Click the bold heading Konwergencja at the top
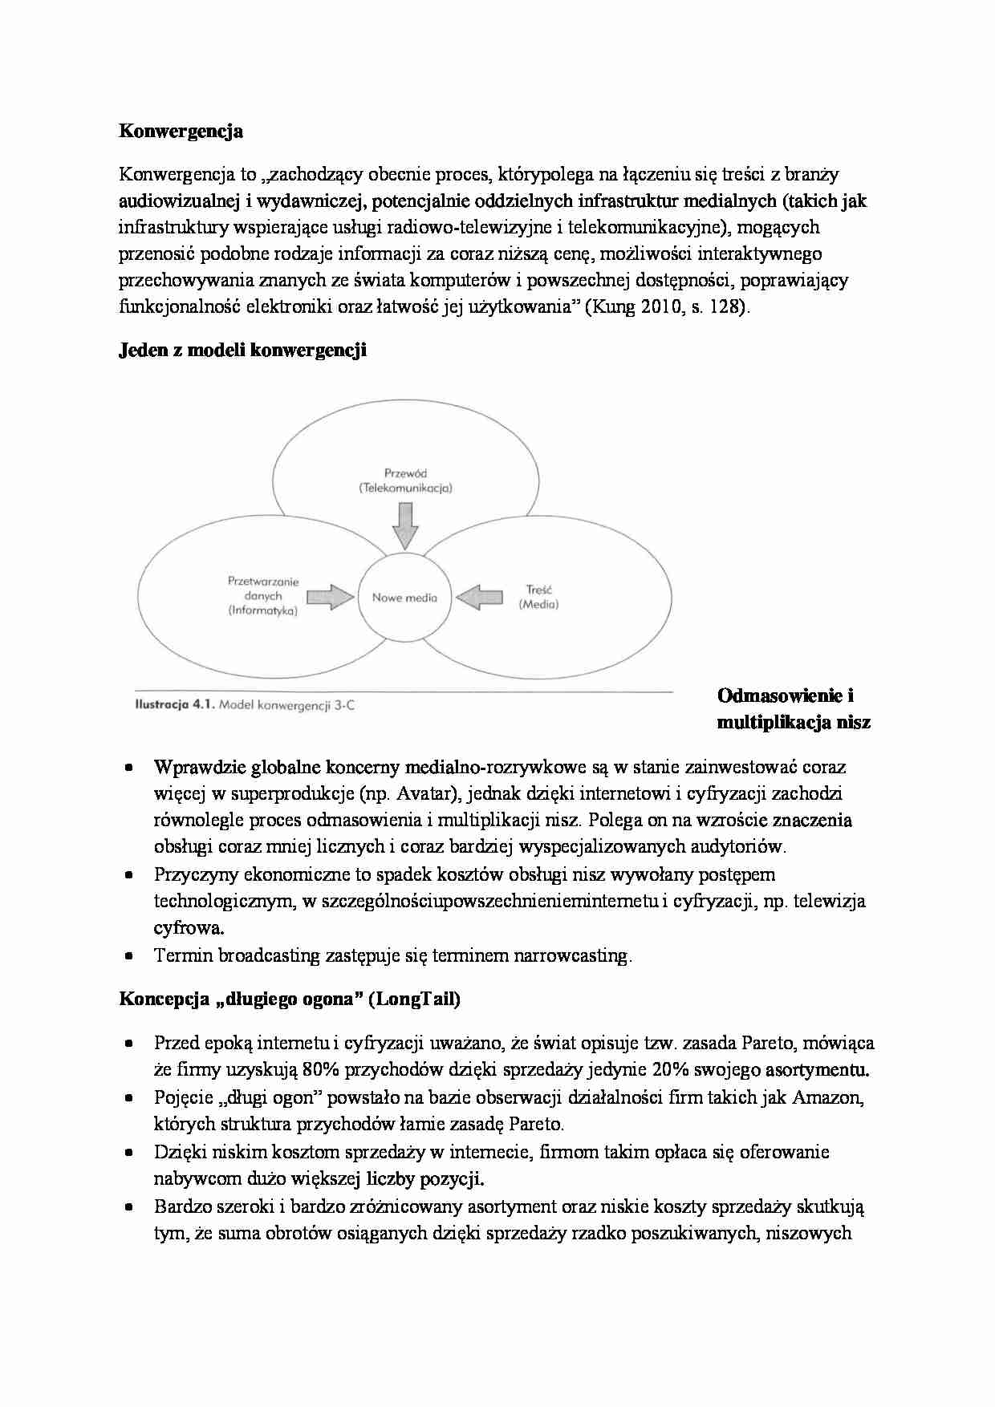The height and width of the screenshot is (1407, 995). pos(181,132)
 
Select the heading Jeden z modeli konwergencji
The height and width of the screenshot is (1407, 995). pos(242,351)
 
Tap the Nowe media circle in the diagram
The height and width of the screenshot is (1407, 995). pos(404,598)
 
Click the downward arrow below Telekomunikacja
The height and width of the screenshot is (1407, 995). pos(405,525)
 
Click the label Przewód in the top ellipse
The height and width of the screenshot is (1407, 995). pos(405,473)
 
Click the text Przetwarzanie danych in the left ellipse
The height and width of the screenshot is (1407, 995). pos(263,589)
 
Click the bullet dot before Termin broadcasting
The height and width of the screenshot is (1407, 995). pos(129,956)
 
